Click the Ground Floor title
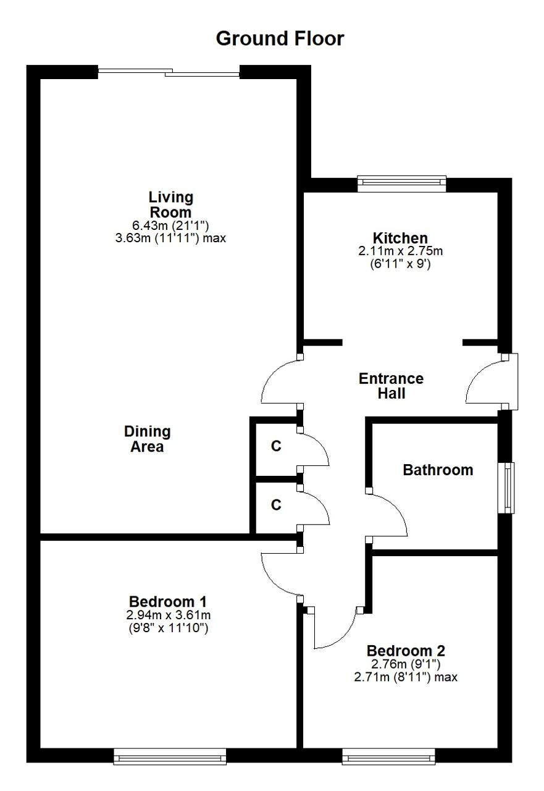pos(280,39)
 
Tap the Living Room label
pos(171,205)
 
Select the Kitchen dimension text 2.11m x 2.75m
pos(400,251)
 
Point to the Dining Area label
pos(148,439)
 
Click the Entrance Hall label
pos(391,386)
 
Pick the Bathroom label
pos(438,470)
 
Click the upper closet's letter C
pos(276,446)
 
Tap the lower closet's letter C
pos(276,505)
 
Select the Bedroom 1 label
pos(168,601)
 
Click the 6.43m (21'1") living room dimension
pos(171,225)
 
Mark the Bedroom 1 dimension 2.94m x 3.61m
pos(169,615)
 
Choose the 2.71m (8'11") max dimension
pos(406,677)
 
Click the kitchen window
pos(402,184)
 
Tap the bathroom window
pos(506,488)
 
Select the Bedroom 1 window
pos(170,757)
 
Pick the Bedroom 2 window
pos(388,757)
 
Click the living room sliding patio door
pos(169,73)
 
